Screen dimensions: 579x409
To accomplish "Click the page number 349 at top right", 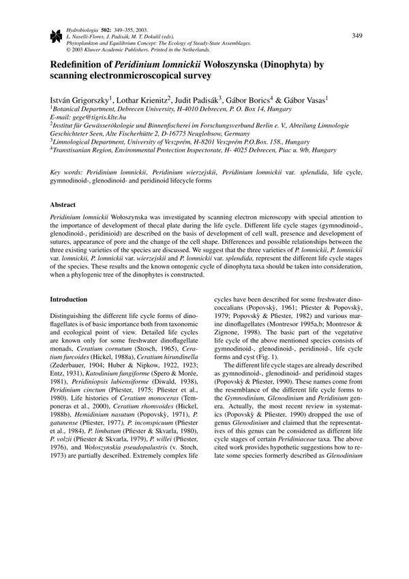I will tap(357, 35).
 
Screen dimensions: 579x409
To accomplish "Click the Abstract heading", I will tap(66, 204).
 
